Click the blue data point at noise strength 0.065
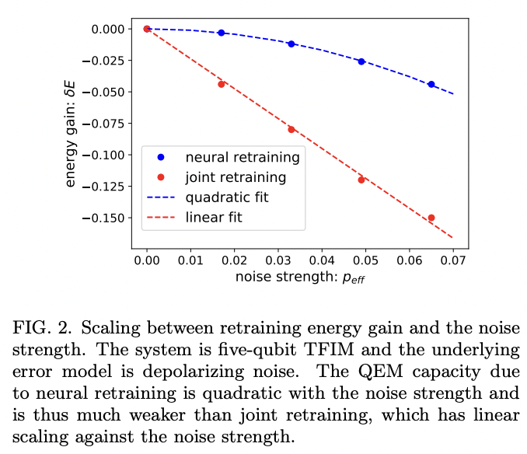coord(431,84)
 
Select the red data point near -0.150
coord(431,218)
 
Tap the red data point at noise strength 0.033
coord(291,129)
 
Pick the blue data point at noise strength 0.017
coord(222,33)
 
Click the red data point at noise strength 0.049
coord(361,180)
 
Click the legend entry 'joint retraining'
coord(236,177)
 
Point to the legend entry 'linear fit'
coord(214,218)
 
